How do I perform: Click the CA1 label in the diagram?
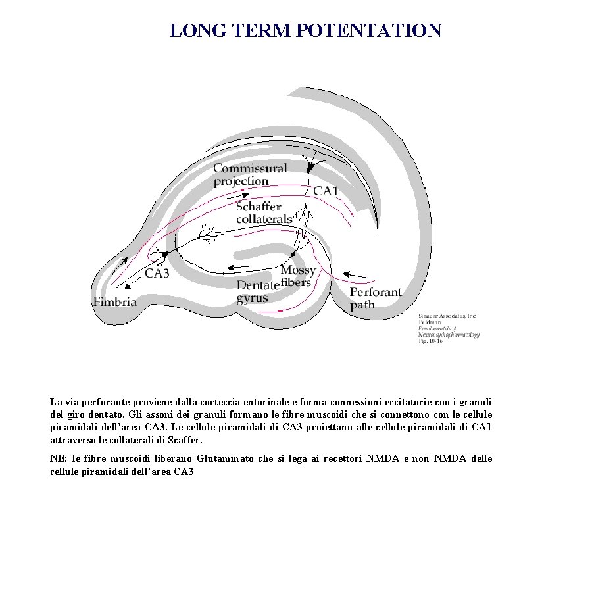pyautogui.click(x=326, y=191)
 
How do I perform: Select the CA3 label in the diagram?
pyautogui.click(x=157, y=273)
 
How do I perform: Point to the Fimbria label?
pyautogui.click(x=115, y=302)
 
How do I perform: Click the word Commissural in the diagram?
pyautogui.click(x=250, y=168)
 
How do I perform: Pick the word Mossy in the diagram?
pyautogui.click(x=298, y=270)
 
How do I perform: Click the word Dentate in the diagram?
pyautogui.click(x=258, y=285)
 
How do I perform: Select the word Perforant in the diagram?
pyautogui.click(x=376, y=292)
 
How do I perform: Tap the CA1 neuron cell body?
pyautogui.click(x=310, y=169)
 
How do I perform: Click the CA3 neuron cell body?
pyautogui.click(x=166, y=253)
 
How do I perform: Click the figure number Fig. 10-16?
pyautogui.click(x=431, y=341)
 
